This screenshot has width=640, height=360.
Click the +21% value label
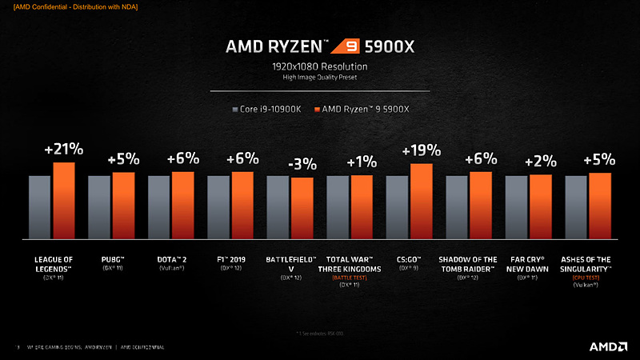(64, 150)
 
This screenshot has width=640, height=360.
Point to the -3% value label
(302, 165)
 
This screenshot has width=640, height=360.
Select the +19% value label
(421, 150)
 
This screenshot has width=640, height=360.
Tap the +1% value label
(362, 162)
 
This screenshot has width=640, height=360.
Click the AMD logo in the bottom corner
(607, 346)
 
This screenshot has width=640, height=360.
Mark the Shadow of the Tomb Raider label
(468, 263)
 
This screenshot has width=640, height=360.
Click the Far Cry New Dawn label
(529, 263)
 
